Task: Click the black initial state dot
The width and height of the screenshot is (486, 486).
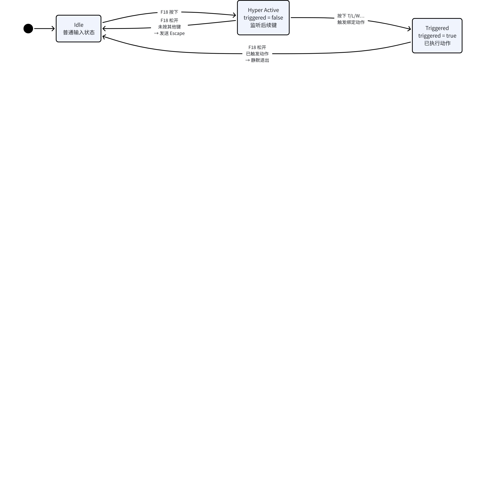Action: [28, 29]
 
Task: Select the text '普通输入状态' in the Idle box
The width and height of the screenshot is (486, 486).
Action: [79, 32]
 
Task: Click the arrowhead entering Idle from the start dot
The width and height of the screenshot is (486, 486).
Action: [53, 29]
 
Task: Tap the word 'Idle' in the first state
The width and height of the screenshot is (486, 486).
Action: [79, 25]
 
